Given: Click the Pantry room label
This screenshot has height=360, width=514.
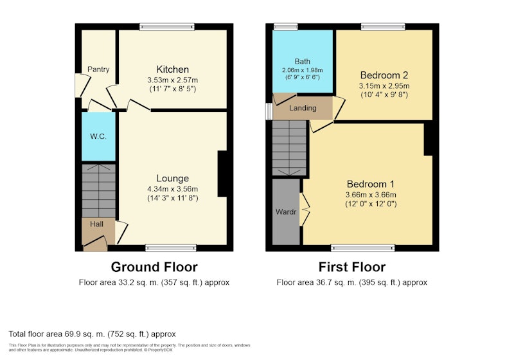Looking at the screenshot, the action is coord(98,69).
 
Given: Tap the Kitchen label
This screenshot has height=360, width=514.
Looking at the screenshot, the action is coord(172,69).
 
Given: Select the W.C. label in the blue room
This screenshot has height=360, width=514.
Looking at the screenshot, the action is coord(98,137).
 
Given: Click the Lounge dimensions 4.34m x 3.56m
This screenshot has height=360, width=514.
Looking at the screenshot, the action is coord(172,189).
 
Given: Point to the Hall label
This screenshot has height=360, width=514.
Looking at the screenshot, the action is coord(97,224).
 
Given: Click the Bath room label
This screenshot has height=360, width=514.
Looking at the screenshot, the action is coord(302,61).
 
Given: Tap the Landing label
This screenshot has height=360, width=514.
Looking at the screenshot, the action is coord(303,108).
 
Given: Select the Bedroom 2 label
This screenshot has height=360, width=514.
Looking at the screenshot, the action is coord(384,75).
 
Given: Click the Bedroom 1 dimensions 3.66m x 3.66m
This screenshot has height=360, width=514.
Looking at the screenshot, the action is coord(371,195).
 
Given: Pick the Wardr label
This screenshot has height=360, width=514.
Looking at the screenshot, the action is coord(286,212).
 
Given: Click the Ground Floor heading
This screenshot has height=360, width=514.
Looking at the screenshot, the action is coord(154,267).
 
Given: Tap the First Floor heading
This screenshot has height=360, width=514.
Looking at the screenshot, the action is coord(352,267).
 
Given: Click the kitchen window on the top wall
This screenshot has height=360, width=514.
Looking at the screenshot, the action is coord(167,26).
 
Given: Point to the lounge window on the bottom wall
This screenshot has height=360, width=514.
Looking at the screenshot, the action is coord(171,248).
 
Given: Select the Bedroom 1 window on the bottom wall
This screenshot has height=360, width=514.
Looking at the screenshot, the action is coord(363,248).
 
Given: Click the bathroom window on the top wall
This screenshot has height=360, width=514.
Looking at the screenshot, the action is coord(285,26).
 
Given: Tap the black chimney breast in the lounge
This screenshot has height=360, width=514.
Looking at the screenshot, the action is coord(222,174).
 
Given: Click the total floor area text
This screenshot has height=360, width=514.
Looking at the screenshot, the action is coord(92,334).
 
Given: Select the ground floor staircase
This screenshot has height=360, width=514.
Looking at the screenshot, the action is coord(98,190).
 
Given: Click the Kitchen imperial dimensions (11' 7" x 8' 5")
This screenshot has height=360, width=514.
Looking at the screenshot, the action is coord(172,89).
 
